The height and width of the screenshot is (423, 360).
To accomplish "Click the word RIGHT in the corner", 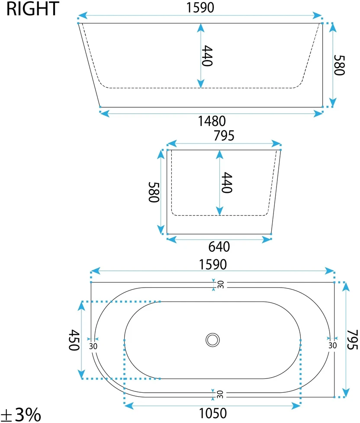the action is pos(32,9).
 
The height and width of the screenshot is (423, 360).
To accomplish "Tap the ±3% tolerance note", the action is pos(21,414).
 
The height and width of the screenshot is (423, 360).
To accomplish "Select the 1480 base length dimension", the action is pos(212,121).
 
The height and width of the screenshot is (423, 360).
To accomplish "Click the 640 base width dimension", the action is pos(219,247).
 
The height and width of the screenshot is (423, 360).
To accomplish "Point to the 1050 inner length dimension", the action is pos(212,413).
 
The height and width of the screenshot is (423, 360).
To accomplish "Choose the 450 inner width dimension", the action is pos(74,340).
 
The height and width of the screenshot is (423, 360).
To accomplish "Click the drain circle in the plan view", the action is pos(212,340).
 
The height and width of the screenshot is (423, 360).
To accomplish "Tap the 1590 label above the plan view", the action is pos(212,264).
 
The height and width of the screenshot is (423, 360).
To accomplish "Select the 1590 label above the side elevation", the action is pos(200,7).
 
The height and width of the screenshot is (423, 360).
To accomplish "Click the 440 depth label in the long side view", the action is pos(207,55).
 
